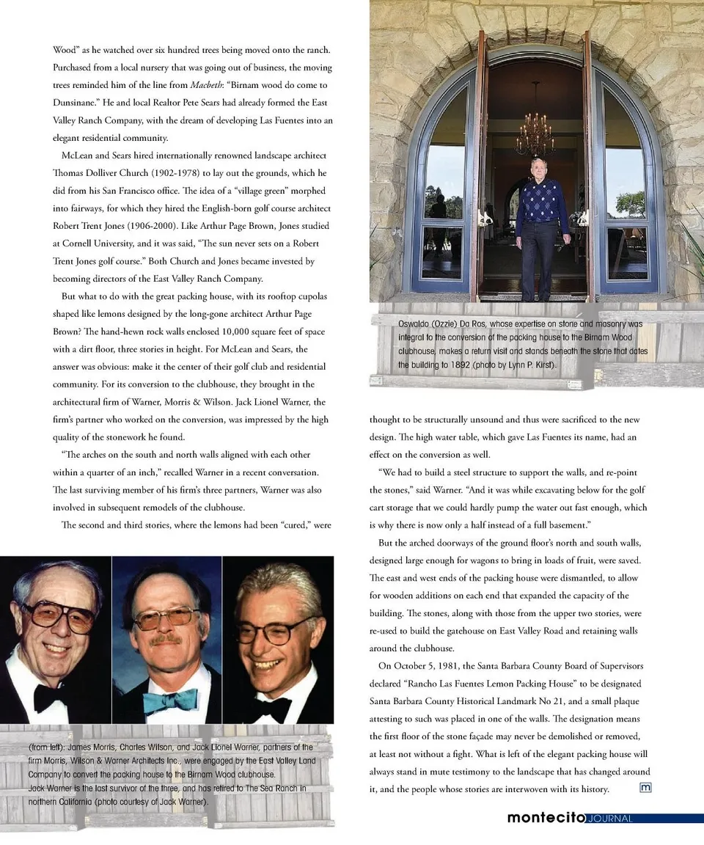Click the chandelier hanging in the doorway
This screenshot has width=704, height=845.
pos(535,133)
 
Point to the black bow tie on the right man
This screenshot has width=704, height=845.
pos(273,707)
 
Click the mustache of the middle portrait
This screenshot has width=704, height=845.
pos(166,639)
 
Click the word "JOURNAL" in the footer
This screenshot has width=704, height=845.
pos(609,819)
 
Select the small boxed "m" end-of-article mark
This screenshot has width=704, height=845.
pos(645,788)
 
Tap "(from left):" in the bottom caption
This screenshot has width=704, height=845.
pos(47,747)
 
